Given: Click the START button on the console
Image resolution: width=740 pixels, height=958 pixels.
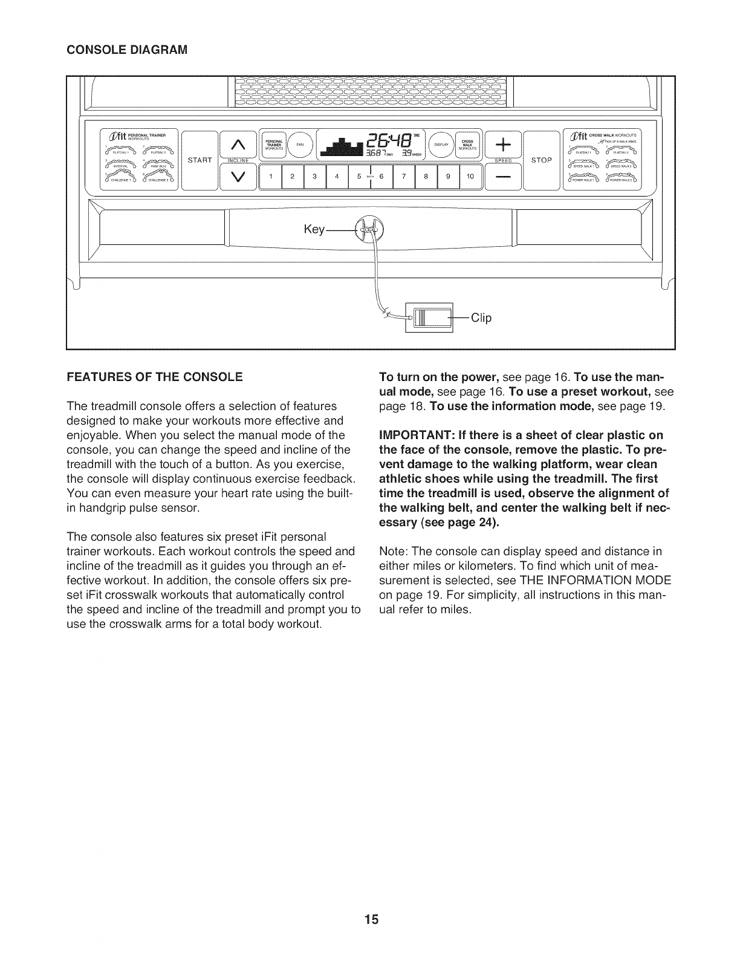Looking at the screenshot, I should click(199, 160).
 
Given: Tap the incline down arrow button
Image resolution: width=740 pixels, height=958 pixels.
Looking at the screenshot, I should click(237, 177).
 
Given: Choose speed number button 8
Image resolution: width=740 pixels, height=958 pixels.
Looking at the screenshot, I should click(426, 177).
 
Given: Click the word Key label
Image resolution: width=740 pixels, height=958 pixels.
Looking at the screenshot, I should click(314, 230).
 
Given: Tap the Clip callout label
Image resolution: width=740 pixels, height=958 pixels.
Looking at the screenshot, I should click(481, 318).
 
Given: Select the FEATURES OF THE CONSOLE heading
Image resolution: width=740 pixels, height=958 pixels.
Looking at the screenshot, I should click(154, 377).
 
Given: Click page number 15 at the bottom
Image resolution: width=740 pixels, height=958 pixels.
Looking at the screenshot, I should click(371, 921).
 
